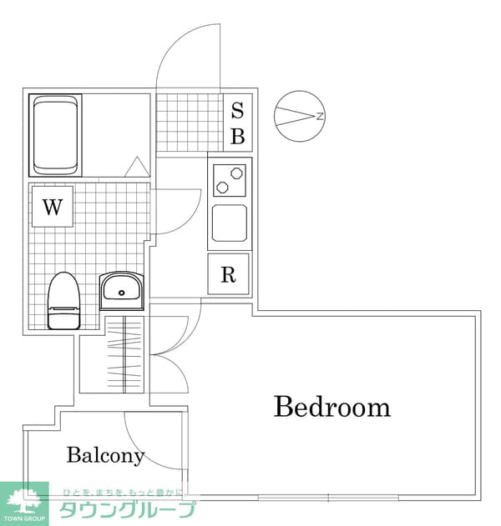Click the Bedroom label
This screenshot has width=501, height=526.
click(332, 407)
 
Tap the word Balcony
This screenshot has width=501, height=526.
click(105, 455)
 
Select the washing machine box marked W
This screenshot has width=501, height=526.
click(53, 207)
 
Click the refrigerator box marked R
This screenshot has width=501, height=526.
click(229, 274)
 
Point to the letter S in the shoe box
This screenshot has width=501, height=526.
click(238, 110)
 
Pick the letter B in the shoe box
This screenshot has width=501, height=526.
click(238, 136)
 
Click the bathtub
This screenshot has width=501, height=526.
click(56, 135)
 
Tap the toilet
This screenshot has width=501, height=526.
click(63, 301)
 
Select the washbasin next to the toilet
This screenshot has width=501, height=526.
click(122, 290)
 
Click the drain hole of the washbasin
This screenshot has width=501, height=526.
click(122, 293)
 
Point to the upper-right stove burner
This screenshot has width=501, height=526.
click(235, 173)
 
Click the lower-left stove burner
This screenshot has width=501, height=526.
click(222, 188)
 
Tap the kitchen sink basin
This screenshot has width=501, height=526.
click(230, 223)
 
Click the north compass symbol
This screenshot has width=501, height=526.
click(300, 116)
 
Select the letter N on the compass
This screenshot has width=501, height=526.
click(321, 116)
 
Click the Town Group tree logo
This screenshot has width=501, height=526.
click(24, 503)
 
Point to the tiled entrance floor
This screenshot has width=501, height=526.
click(190, 123)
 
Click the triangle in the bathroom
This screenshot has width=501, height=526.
click(137, 167)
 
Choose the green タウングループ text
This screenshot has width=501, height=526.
click(128, 509)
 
